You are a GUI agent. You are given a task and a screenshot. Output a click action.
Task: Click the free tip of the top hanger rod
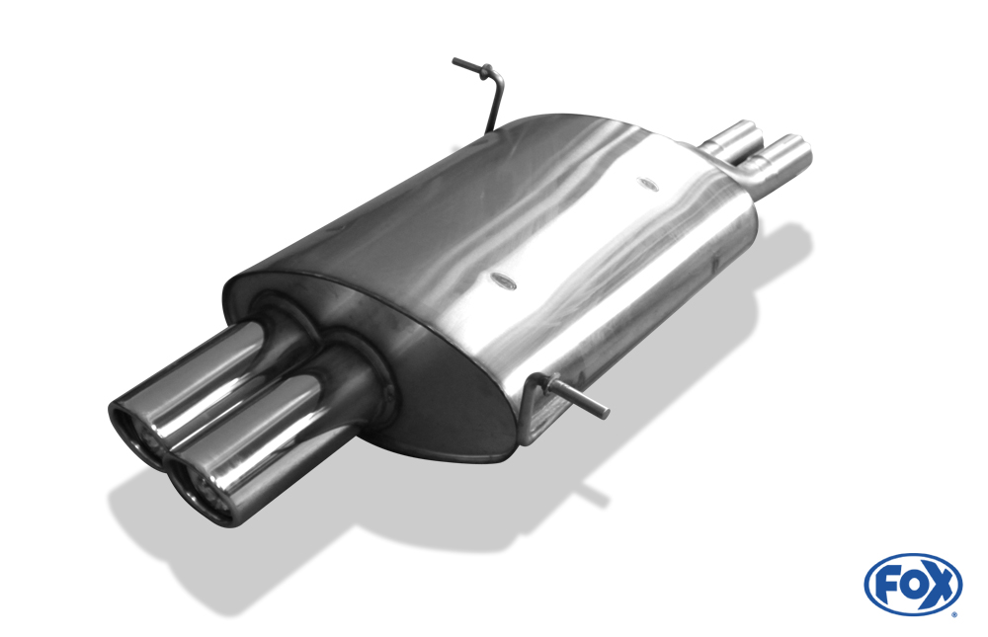(454, 61)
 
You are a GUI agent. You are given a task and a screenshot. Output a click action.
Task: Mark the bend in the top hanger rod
(499, 79)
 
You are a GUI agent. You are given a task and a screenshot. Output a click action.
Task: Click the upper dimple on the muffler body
(647, 184)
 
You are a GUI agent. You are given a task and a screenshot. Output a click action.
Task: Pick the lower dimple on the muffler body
(503, 282)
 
